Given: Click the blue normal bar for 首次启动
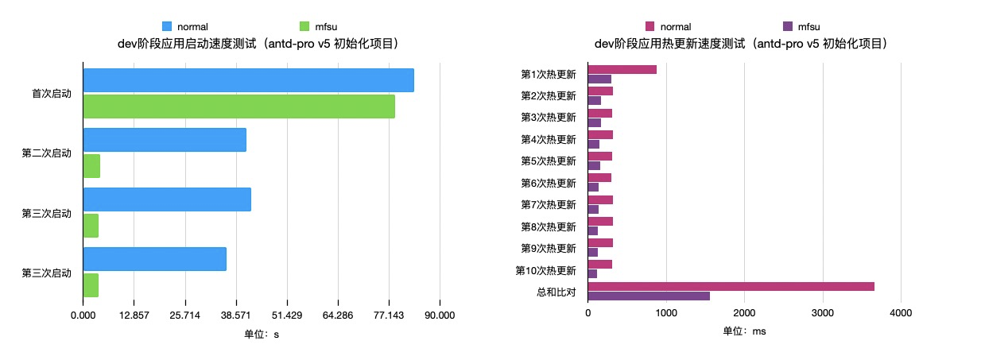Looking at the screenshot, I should point(248,80).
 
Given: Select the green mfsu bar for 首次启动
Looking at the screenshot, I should point(238,106).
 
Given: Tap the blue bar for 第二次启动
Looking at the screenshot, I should point(165,140).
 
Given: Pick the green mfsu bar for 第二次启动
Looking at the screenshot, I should point(91,166).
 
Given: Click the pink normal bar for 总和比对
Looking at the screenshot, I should point(731,286).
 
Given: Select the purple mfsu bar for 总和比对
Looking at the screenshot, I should point(649,296).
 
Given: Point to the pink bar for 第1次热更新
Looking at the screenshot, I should point(622,69).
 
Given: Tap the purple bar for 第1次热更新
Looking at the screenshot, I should point(599,79).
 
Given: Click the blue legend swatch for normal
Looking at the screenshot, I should point(167,27).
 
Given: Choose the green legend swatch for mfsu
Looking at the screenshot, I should point(305,27).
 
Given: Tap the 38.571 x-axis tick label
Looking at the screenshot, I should point(235,315).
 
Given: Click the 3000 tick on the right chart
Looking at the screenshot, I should point(822,315).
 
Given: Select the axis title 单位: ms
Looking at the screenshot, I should point(744,331).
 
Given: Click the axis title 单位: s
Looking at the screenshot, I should point(262,334).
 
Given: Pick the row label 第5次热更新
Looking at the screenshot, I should point(548,161).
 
